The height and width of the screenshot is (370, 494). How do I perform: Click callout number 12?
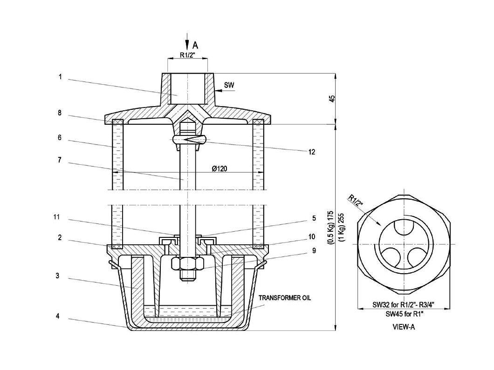312,152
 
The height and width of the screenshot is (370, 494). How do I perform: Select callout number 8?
60,113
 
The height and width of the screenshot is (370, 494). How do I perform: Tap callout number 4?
58,316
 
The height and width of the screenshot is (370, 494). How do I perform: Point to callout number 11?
56,217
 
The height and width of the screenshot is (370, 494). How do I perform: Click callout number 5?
314,218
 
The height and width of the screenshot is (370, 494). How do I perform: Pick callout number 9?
314,251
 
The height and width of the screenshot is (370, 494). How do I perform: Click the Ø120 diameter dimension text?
220,169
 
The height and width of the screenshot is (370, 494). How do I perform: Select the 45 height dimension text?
332,99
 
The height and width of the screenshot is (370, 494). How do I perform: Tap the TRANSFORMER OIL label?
285,298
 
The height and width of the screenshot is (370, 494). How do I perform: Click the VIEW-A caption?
404,327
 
